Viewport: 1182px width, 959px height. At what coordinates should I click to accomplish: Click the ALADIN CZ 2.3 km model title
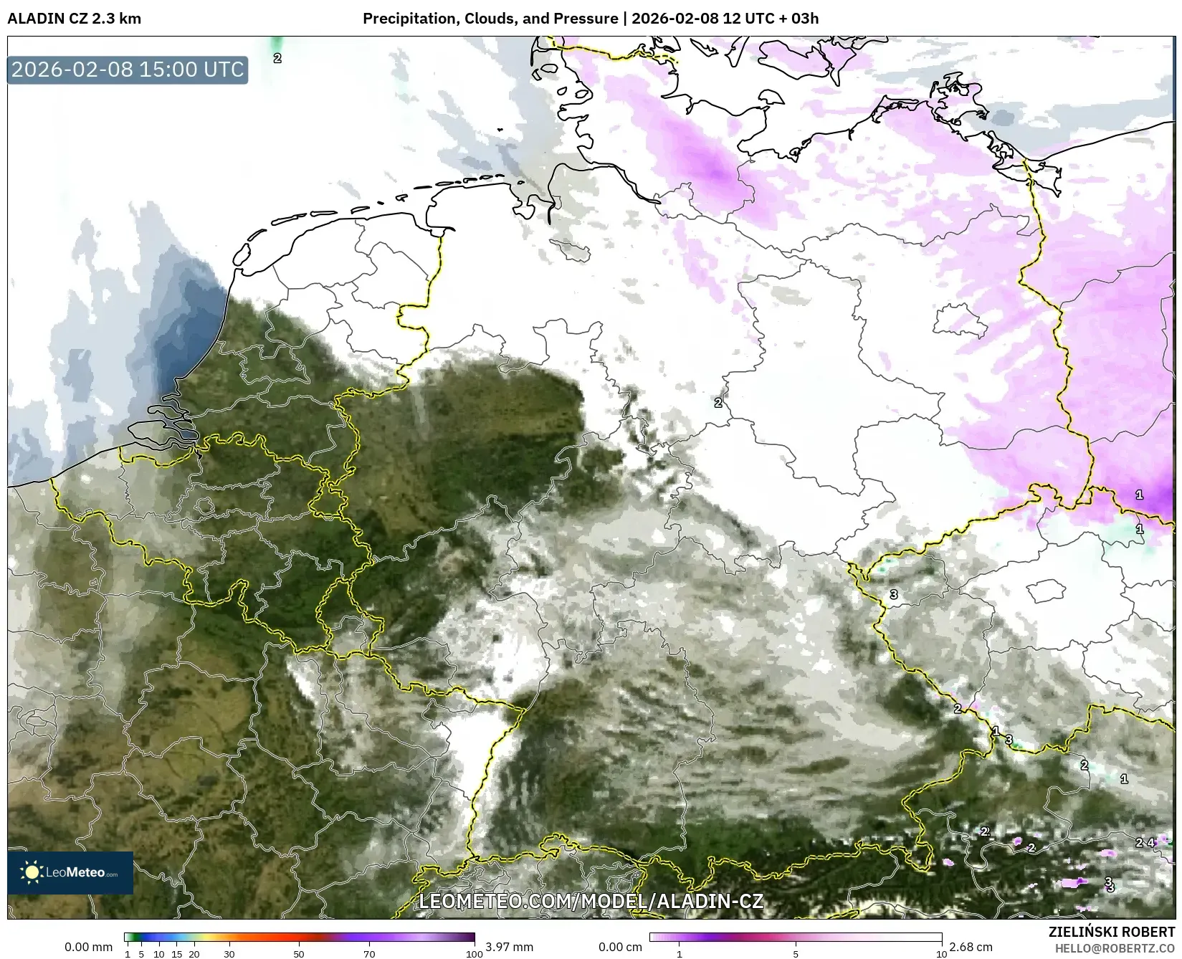coord(74,18)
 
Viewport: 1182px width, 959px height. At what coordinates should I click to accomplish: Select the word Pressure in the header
coord(587,18)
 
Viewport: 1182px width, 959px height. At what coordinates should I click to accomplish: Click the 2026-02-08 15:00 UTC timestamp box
coord(128,70)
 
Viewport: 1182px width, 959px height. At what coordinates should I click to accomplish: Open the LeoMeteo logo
coord(70,872)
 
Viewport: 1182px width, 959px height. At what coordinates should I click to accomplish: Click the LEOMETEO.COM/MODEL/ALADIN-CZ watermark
coord(591,901)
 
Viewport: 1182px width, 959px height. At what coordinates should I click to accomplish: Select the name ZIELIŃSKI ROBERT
coord(1112,932)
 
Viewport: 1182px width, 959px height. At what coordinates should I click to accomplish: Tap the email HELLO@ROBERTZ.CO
coord(1115,948)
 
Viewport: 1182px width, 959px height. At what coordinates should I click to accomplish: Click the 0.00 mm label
coord(88,947)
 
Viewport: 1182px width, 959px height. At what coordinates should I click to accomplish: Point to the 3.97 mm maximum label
coord(509,947)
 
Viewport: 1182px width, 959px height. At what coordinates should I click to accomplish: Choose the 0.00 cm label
coord(620,947)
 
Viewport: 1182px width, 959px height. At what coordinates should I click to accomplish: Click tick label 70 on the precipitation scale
coord(369,954)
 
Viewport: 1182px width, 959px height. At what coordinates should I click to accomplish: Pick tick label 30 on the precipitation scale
coord(229,954)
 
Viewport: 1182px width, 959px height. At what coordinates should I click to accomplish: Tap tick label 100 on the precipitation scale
coord(474,954)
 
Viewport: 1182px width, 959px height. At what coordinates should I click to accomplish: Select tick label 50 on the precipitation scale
coord(299,954)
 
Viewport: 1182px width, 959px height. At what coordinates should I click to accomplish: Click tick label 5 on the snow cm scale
coord(796,954)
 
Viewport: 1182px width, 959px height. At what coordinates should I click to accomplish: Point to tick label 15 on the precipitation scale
coord(177,954)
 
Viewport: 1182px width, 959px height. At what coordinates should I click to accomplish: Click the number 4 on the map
coord(1151,843)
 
